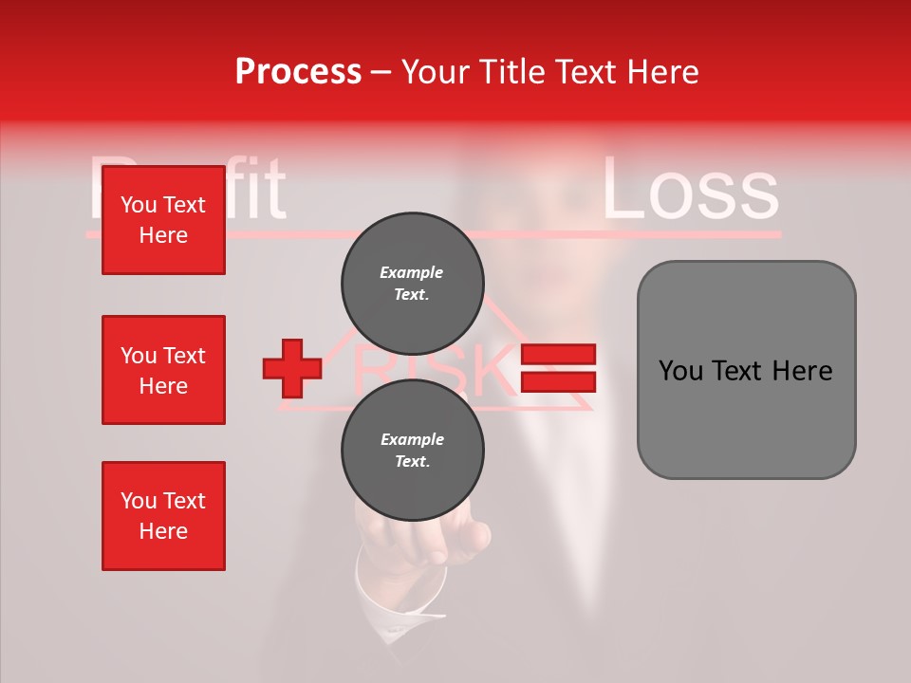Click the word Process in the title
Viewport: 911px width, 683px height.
coord(298,71)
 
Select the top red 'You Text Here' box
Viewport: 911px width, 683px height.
coord(163,220)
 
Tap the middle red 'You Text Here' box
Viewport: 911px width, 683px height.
coord(163,370)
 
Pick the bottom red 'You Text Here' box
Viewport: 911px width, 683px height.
coord(163,516)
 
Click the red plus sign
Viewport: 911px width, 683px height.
coord(292,369)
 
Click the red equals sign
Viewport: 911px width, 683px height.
coord(558,369)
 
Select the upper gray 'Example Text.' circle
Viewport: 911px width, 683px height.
coord(412,283)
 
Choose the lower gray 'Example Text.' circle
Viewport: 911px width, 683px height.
coord(412,450)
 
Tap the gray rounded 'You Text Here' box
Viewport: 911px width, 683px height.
coord(746,370)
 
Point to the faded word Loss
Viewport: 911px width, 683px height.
coord(690,191)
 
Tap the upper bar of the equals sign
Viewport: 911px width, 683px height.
coord(558,355)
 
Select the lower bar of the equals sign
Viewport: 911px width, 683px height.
coord(558,382)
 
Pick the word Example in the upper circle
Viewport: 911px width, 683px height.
coord(412,272)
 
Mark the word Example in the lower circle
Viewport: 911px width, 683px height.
coord(412,439)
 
